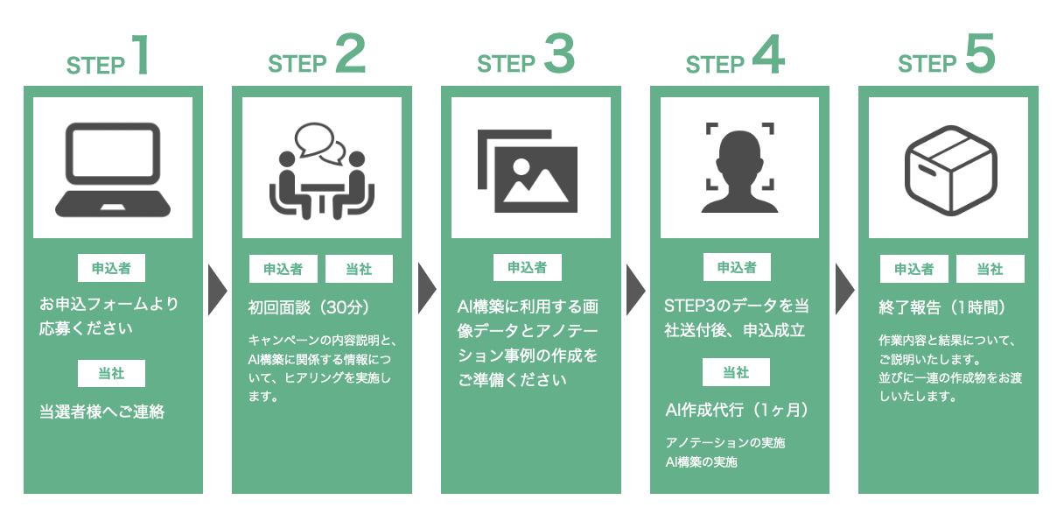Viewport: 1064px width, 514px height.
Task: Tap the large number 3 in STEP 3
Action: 559,54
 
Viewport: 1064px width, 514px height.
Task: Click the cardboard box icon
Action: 948,168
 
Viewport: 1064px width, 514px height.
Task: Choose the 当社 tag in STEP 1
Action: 112,374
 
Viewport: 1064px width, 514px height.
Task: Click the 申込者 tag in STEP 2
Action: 283,270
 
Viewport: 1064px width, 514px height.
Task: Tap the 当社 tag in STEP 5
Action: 990,270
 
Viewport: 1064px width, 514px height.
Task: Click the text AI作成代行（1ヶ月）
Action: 737,410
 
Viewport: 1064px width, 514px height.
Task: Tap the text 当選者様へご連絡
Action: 102,412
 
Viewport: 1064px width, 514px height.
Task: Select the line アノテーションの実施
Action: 725,443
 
